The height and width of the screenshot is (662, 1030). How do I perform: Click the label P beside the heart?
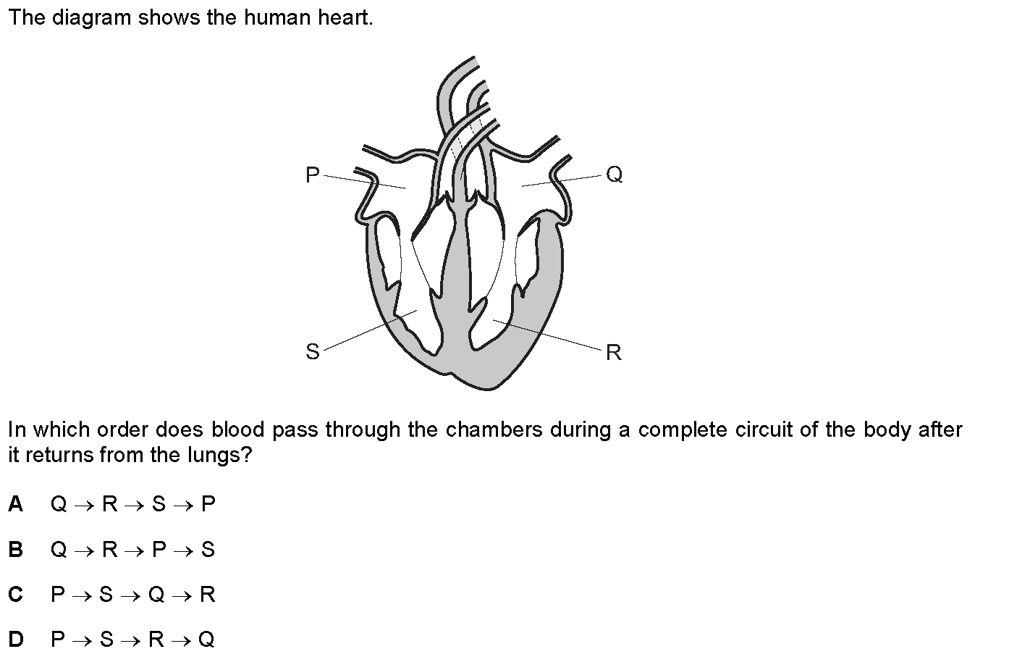(x=312, y=175)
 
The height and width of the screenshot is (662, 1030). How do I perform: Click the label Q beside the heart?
(x=615, y=175)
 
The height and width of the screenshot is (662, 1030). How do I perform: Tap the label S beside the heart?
(x=313, y=351)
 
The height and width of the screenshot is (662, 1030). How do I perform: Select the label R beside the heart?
(x=614, y=353)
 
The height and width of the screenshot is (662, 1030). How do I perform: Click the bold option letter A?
(x=16, y=504)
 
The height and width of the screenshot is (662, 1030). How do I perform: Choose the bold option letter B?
(x=16, y=549)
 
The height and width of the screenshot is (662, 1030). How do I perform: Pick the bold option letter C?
(x=16, y=595)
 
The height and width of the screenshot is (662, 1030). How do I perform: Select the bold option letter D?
(x=16, y=639)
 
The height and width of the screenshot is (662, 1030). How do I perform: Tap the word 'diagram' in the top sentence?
(x=91, y=18)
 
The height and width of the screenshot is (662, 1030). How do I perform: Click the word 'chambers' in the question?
(x=494, y=430)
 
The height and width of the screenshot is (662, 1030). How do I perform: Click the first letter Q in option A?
(x=59, y=504)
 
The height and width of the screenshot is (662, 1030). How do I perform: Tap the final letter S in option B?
(x=208, y=549)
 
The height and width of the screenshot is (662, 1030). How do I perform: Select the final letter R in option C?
(x=208, y=595)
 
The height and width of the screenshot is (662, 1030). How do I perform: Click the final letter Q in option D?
(x=206, y=640)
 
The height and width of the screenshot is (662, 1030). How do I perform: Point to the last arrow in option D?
(x=181, y=641)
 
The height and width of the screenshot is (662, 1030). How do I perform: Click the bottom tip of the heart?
(x=486, y=390)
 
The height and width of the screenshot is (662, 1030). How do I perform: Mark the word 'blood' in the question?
(x=237, y=430)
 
